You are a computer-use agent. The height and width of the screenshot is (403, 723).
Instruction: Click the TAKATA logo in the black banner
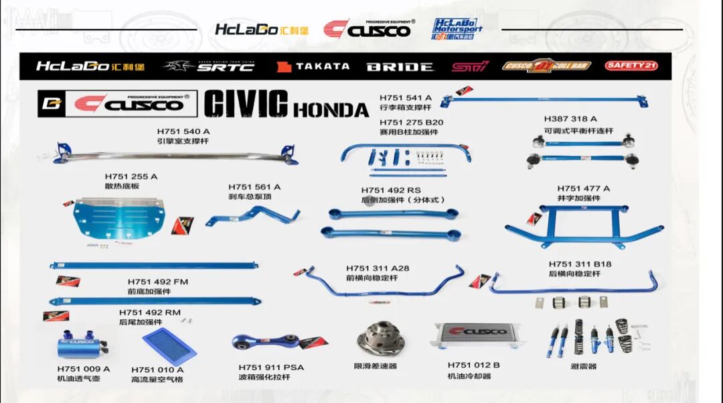click(313, 66)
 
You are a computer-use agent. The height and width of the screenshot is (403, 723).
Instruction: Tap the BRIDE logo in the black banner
click(400, 67)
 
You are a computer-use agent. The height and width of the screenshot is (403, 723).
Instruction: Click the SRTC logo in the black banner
click(209, 66)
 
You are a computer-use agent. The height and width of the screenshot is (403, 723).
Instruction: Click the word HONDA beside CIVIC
click(331, 109)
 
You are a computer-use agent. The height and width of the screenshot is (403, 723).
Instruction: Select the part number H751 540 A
click(183, 131)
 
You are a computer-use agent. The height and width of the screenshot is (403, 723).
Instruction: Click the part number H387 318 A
click(570, 119)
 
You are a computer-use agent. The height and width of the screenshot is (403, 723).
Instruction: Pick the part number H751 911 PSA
click(271, 367)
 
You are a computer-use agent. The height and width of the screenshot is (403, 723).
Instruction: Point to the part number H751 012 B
click(474, 365)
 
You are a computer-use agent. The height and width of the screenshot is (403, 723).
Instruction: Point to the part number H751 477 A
click(583, 188)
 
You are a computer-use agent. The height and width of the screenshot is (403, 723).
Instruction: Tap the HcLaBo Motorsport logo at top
click(457, 29)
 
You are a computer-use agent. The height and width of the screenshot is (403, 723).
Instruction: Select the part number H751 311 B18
click(580, 264)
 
